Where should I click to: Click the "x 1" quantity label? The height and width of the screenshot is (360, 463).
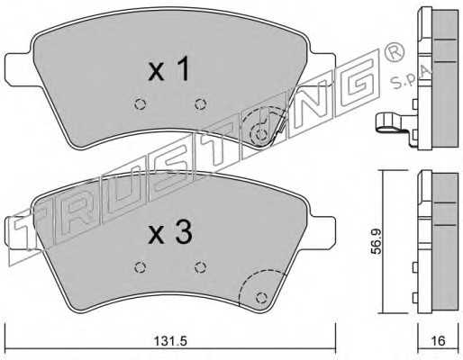(169, 68)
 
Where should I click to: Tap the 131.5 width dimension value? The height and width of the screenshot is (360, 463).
(170, 341)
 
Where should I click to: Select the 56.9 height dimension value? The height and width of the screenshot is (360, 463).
(376, 241)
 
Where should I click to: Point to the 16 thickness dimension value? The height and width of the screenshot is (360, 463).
(439, 341)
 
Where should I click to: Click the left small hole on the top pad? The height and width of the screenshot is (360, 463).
(140, 104)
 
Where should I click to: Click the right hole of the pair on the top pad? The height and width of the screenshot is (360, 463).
(201, 104)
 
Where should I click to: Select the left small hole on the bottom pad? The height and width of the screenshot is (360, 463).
(140, 267)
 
